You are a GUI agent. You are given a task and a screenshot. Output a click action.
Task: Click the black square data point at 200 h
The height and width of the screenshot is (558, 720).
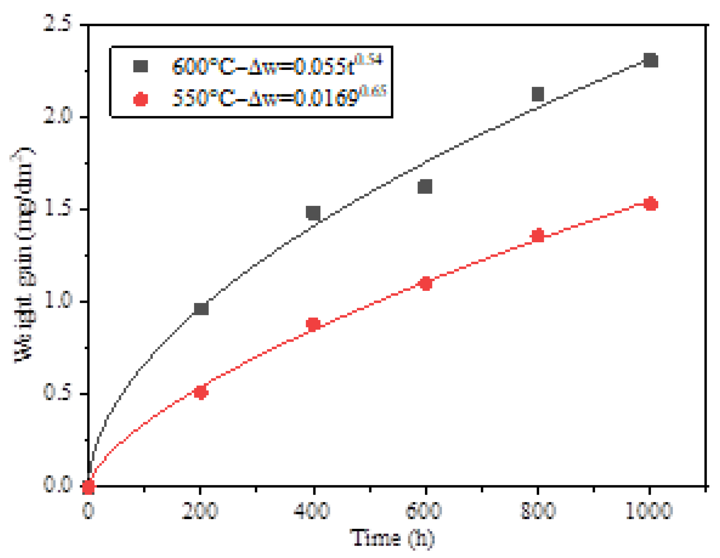(201, 308)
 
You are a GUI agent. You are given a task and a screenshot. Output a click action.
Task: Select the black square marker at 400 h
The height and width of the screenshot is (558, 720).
(313, 212)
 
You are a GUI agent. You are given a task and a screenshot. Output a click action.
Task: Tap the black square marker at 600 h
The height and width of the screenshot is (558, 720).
(425, 186)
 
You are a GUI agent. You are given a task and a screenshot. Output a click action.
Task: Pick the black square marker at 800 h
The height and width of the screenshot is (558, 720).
(537, 94)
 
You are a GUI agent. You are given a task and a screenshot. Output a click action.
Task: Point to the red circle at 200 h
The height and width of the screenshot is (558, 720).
(201, 392)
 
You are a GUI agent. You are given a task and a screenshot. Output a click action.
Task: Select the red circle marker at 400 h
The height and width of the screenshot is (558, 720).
(313, 324)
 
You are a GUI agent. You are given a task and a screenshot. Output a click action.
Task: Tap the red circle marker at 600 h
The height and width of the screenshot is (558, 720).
(426, 283)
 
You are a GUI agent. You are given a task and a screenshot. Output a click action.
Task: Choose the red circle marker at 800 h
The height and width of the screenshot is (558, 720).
(538, 235)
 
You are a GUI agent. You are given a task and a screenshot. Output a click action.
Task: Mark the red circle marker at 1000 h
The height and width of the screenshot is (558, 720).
(650, 204)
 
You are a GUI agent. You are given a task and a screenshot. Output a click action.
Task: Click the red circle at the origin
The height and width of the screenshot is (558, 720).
(88, 486)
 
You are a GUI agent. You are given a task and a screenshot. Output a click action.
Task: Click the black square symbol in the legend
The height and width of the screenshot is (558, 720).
(140, 66)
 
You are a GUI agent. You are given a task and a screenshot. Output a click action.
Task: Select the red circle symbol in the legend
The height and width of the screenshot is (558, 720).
(140, 99)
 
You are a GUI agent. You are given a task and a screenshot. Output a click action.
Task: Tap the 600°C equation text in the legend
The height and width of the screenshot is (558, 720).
(277, 65)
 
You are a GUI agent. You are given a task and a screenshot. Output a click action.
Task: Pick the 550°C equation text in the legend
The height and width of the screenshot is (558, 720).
(278, 97)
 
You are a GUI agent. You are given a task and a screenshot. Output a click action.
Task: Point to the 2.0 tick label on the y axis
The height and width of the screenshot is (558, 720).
(58, 116)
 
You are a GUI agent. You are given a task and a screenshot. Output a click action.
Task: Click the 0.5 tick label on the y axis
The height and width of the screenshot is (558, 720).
(58, 393)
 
